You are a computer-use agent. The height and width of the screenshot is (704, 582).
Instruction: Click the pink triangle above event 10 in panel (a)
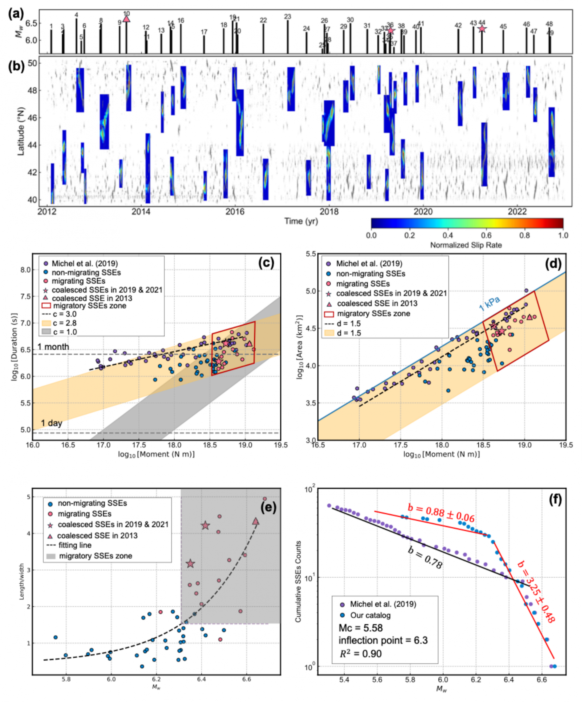[126, 19]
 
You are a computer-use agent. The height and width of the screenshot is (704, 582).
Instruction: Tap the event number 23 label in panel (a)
[287, 17]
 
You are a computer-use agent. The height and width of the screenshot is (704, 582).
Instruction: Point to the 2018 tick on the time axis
[329, 212]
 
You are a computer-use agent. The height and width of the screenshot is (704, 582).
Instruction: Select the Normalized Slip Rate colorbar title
[466, 245]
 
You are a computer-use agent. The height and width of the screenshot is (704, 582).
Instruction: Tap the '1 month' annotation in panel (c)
[53, 347]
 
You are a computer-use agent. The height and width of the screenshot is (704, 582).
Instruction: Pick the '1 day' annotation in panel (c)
[52, 423]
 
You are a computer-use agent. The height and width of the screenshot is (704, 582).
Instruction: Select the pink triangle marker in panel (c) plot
[249, 344]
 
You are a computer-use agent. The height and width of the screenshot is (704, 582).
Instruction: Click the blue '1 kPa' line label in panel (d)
[490, 304]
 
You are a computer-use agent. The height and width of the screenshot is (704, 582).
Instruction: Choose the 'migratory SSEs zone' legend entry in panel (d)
[373, 313]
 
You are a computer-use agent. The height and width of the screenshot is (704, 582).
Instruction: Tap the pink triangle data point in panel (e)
[256, 521]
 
